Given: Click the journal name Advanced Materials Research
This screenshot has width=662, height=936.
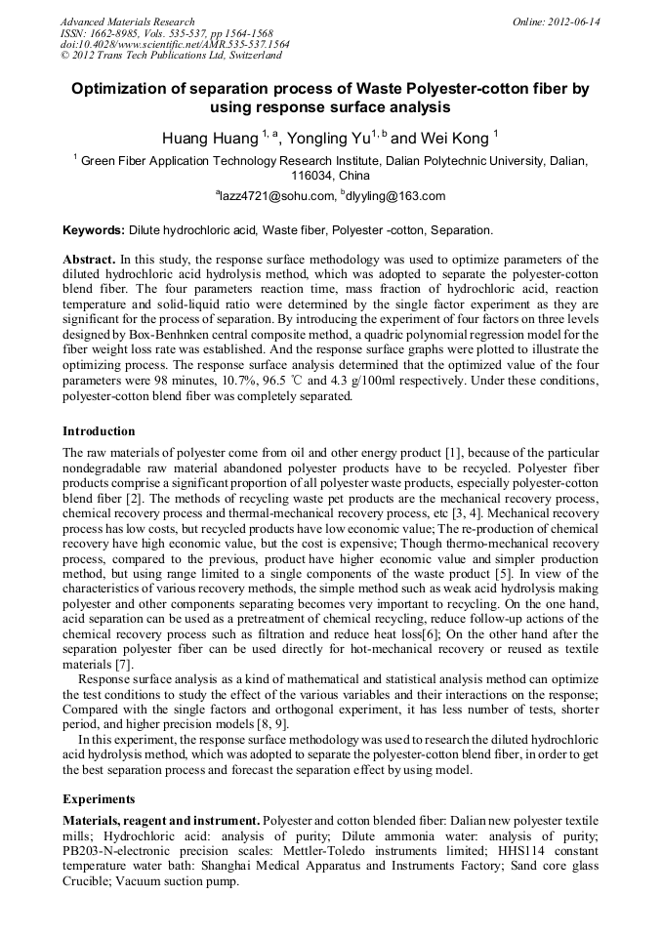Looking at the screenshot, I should click(x=127, y=21).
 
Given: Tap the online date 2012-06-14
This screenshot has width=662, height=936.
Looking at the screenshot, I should click(x=574, y=21).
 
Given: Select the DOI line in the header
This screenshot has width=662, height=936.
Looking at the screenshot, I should click(x=175, y=45).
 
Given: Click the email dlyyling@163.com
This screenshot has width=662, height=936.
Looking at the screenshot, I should click(x=395, y=196).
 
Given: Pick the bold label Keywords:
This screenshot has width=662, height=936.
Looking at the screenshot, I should click(x=93, y=230).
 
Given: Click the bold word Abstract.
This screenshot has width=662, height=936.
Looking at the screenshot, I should click(x=89, y=261).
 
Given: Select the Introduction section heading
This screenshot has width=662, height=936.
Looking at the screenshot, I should click(x=99, y=430).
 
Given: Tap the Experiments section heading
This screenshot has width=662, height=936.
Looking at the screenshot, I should click(x=99, y=797).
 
